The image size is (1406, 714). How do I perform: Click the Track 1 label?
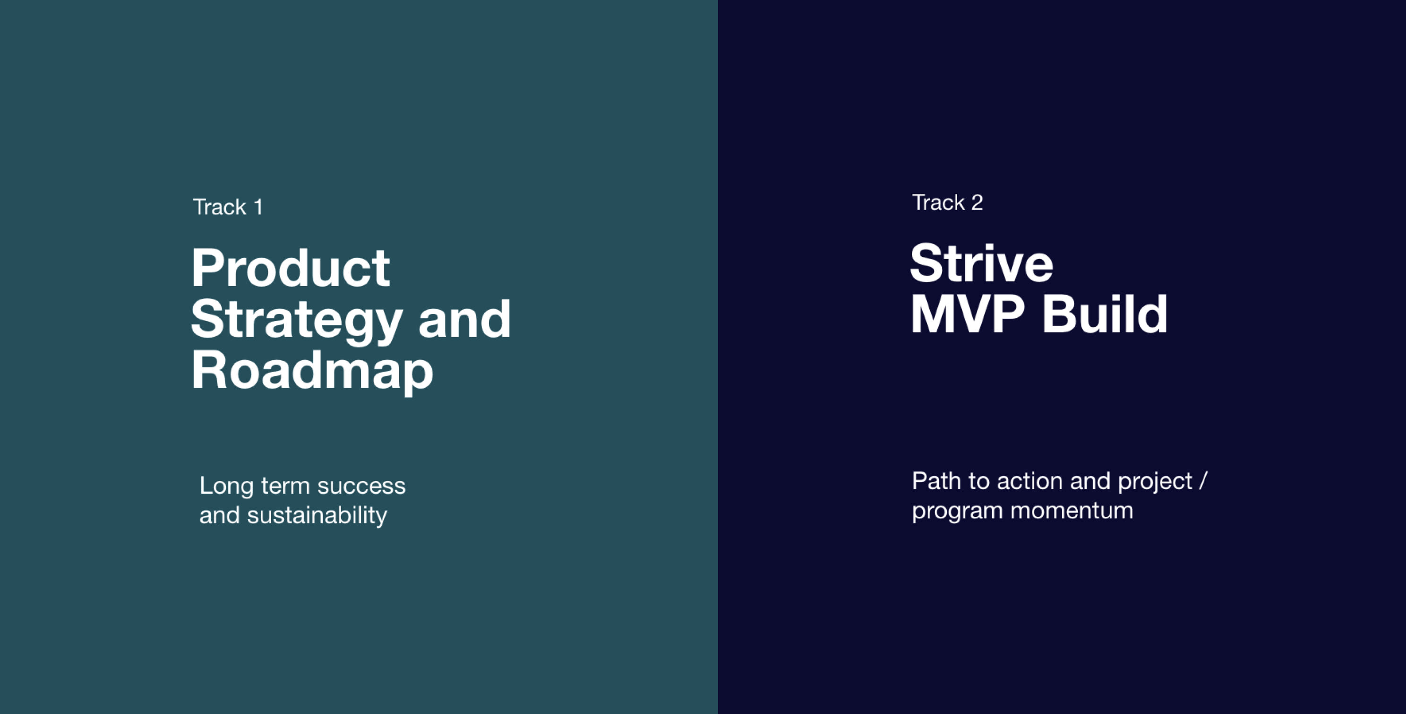point(228,207)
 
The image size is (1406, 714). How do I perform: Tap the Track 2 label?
point(947,203)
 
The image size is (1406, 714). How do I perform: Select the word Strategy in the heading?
point(296,321)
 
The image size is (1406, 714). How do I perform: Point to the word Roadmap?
point(312,372)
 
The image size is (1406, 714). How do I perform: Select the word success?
point(361,486)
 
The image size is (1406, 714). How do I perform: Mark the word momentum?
point(1072,511)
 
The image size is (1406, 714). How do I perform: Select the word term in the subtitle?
point(285,486)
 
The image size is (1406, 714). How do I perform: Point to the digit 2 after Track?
point(977,203)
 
